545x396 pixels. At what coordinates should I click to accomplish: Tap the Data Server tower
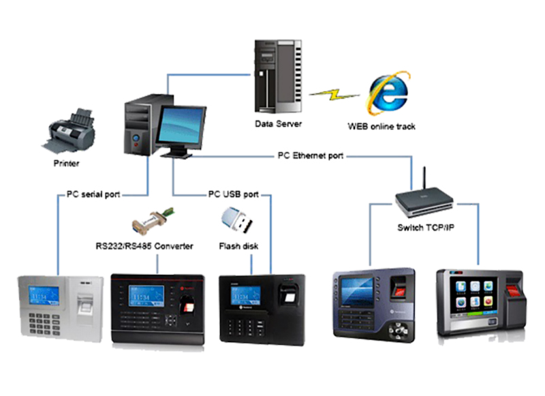point(276,76)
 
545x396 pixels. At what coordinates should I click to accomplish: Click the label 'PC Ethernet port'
point(310,155)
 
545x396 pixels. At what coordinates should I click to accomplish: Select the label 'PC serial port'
point(93,195)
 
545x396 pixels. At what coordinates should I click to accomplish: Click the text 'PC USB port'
point(233,195)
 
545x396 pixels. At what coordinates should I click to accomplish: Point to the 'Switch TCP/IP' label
point(425,226)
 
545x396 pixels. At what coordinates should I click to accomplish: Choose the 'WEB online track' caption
point(381,126)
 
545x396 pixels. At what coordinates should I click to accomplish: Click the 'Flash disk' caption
point(236,246)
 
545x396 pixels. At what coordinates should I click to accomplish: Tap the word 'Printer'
point(66,164)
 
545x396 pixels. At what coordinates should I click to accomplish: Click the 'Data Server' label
point(278,124)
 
